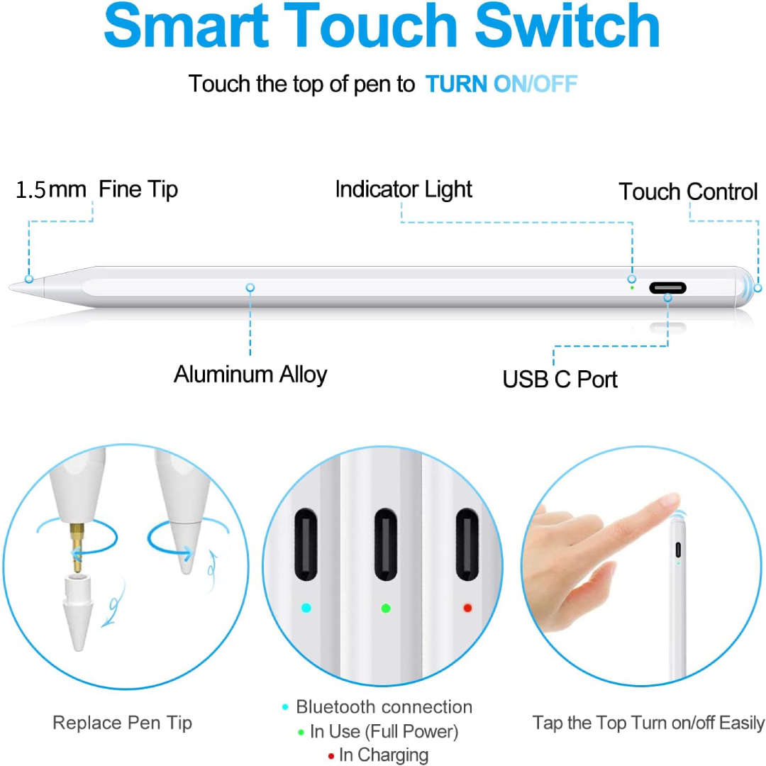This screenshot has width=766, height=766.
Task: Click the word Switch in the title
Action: (567, 26)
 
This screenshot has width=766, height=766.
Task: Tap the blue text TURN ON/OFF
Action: (501, 84)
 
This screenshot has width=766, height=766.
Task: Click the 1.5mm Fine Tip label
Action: (97, 189)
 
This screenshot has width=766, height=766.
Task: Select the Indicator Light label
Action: (403, 189)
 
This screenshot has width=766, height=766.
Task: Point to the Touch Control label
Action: (688, 191)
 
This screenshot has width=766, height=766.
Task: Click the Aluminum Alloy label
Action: (250, 374)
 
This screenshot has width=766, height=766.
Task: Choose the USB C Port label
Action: (560, 379)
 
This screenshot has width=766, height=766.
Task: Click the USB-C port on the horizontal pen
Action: (667, 288)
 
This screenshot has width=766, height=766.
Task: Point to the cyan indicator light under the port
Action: (306, 608)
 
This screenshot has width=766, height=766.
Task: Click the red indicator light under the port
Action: (467, 608)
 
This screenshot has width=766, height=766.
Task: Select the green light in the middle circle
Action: (386, 608)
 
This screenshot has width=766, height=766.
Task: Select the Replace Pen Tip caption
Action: (122, 723)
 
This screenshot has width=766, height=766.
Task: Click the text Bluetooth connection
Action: (384, 707)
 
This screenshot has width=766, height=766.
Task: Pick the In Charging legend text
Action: (384, 755)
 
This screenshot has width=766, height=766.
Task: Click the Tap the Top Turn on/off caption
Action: (648, 723)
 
